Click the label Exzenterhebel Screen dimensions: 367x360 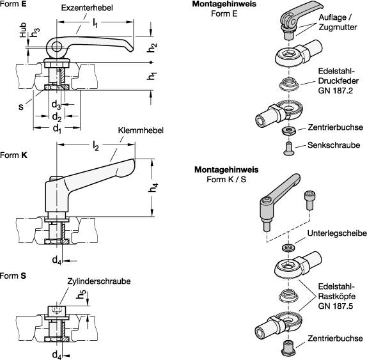[87, 8]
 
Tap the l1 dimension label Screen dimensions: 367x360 [95, 23]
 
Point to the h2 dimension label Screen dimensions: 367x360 [152, 48]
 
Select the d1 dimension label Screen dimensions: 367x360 [57, 129]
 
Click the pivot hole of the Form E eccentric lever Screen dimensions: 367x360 [56, 46]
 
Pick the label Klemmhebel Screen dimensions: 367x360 [141, 130]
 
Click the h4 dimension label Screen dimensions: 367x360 [153, 188]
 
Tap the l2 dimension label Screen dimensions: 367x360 [96, 146]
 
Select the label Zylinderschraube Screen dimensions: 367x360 [98, 281]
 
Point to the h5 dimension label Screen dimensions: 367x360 [81, 295]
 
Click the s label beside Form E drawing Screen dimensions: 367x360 [21, 107]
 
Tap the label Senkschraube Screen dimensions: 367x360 [334, 145]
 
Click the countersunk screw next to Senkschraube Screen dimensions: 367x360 [289, 148]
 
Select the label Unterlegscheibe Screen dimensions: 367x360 [337, 233]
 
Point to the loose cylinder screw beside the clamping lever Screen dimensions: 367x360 [309, 200]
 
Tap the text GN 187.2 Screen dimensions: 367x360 [335, 91]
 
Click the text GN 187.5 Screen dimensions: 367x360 [335, 306]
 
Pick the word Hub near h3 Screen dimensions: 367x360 [23, 29]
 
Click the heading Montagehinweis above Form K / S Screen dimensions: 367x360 [226, 169]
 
